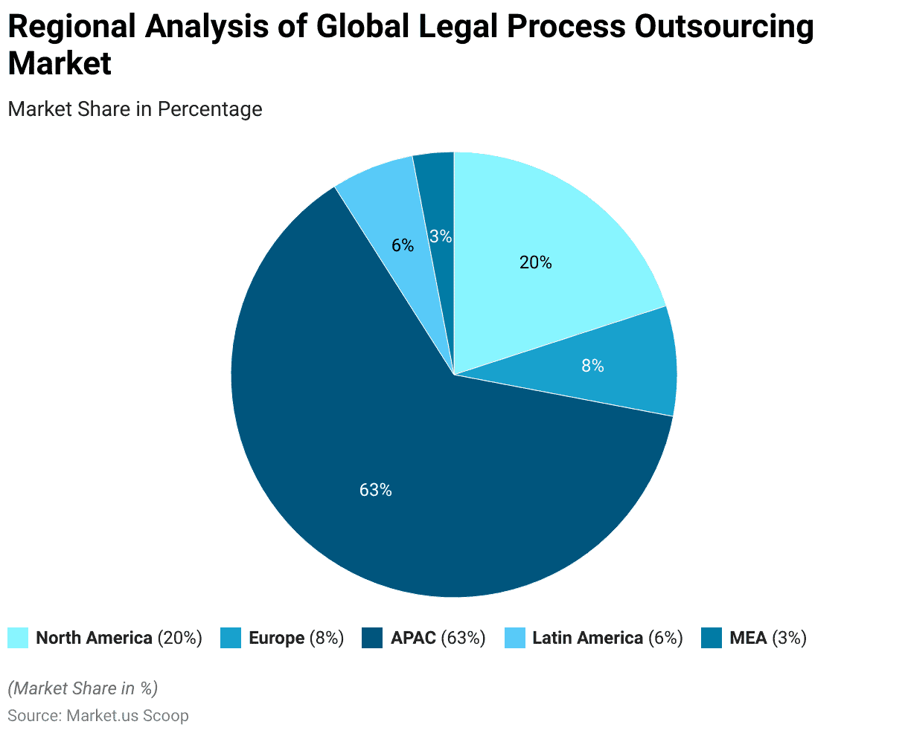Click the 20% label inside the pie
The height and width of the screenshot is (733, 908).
[536, 262]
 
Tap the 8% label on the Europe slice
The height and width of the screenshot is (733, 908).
[592, 366]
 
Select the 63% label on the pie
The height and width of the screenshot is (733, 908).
[375, 490]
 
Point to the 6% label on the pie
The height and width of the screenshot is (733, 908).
[403, 245]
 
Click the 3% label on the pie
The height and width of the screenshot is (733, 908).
[441, 236]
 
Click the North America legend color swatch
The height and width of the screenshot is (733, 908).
[18, 638]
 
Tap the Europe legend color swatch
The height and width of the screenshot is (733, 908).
[231, 638]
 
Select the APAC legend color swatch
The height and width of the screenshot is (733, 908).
[372, 638]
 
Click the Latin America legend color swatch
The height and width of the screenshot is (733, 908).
[514, 638]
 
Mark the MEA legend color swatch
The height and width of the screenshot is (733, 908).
[712, 638]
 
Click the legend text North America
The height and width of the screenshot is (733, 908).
[94, 638]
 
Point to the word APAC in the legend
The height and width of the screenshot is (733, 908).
[413, 638]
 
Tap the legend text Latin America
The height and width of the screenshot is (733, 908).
[587, 638]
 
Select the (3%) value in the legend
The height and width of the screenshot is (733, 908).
[789, 638]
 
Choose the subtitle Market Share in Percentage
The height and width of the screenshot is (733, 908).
[135, 109]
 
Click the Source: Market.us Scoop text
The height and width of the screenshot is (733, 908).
[98, 716]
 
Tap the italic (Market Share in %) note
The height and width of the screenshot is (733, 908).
[83, 688]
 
